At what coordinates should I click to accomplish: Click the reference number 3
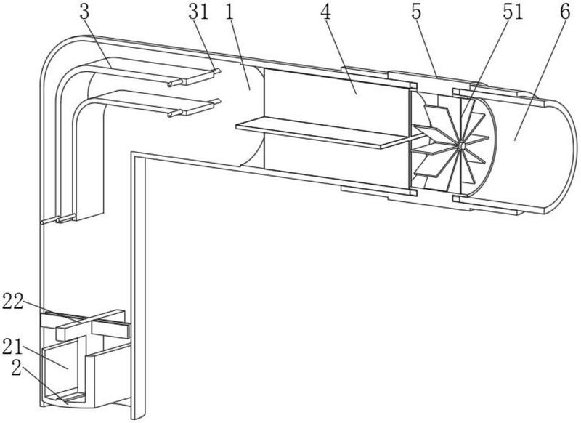click(84, 12)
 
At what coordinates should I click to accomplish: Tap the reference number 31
click(198, 12)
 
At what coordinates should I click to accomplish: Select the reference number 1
click(229, 12)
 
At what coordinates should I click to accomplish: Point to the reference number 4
click(325, 12)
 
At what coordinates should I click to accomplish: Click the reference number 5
click(416, 12)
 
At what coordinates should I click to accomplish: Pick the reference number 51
click(513, 12)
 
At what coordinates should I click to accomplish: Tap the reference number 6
click(565, 12)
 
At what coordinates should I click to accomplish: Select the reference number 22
click(13, 301)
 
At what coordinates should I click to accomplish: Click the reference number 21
click(12, 347)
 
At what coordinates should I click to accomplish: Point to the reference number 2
click(17, 368)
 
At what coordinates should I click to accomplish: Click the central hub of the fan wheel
click(460, 145)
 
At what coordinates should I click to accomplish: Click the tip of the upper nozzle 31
click(219, 70)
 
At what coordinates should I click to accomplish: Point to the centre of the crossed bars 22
click(86, 321)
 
